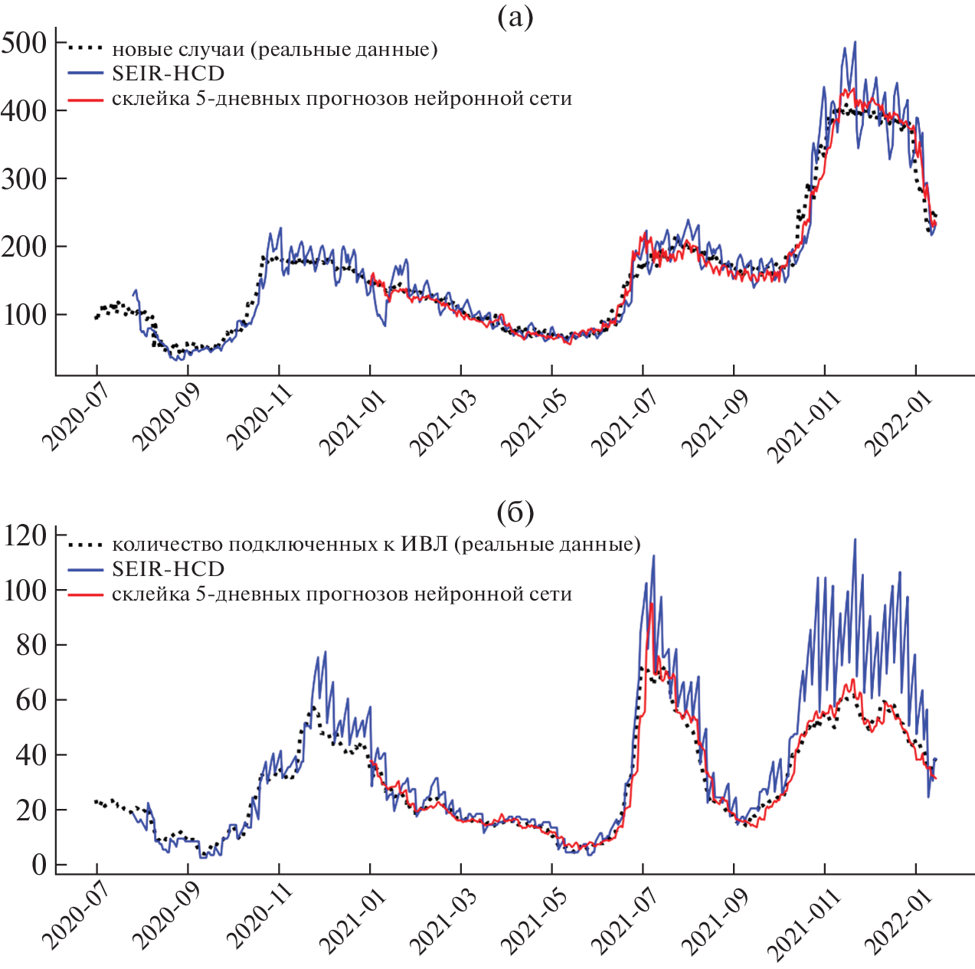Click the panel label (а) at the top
515,17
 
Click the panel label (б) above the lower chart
515,512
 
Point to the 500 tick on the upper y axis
24,43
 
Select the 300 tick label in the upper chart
24,178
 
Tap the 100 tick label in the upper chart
24,315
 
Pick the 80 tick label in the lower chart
31,645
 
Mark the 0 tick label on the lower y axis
39,865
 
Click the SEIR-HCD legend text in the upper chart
168,74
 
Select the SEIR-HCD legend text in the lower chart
168,569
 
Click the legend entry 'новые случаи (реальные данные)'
274,50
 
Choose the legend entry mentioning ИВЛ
376,545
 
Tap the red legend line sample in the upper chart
85,99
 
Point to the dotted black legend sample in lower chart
85,545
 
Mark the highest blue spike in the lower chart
855,540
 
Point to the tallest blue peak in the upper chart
855,43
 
